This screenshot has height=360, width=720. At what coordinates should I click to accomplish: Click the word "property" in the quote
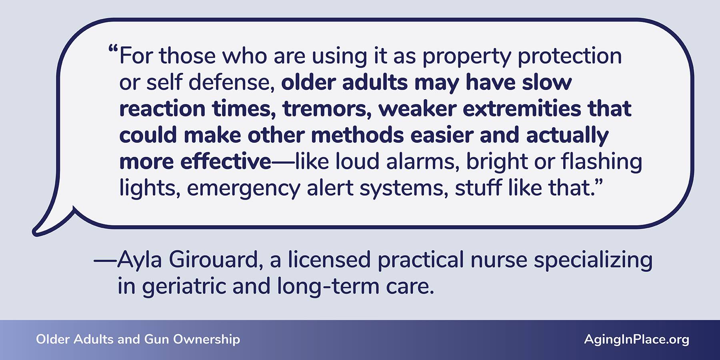click(467, 57)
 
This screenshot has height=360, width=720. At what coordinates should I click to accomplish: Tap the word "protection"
click(570, 56)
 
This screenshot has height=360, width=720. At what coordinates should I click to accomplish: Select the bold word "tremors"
click(327, 109)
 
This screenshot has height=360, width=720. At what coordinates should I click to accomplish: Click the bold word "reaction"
click(162, 109)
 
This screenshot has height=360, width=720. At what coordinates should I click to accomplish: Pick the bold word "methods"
click(357, 135)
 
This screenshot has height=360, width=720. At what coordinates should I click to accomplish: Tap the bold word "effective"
click(226, 162)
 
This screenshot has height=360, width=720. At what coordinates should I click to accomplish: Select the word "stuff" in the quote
click(478, 188)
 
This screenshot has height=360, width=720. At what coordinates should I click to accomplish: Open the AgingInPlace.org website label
click(636, 340)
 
